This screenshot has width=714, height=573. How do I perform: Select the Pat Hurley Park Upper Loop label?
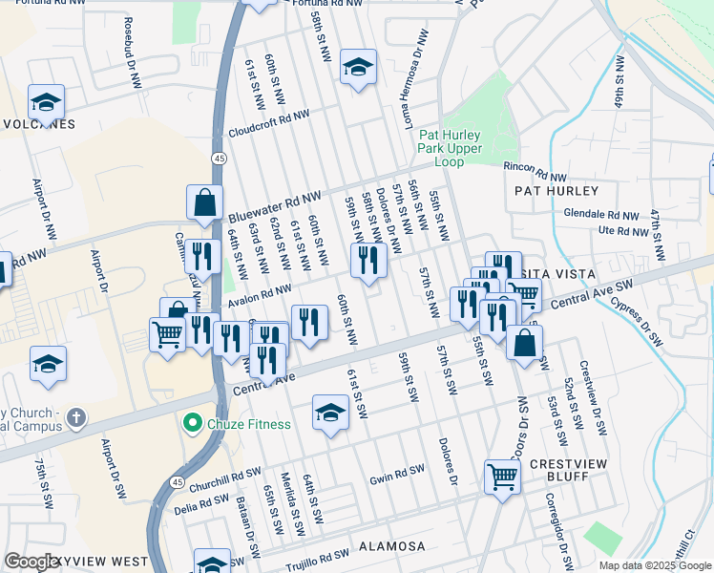pos(451,148)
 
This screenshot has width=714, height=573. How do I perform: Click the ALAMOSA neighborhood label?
pos(391,546)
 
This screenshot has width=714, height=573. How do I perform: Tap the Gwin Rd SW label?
pos(396,472)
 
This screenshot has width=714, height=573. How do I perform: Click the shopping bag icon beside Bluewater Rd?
pos(204,202)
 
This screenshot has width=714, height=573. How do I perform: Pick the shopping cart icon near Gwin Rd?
pos(502,474)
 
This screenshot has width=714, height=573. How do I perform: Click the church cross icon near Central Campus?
pos(76,418)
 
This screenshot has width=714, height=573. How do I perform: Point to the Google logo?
pos(31,562)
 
